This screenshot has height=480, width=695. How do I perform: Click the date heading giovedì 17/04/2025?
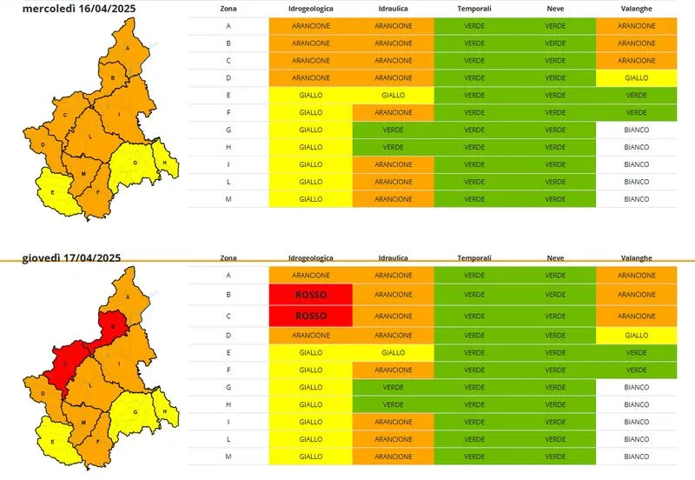pos(71,257)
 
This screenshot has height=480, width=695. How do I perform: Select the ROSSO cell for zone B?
pos(310,295)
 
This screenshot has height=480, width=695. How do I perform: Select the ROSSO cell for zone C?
pos(310,316)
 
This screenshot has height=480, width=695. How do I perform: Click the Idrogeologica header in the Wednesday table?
pos(309,8)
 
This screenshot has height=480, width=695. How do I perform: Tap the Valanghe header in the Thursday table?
pos(636,258)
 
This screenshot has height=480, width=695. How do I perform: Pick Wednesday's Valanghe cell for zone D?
pos(636,77)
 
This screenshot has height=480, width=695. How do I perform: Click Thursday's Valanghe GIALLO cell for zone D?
pos(636,334)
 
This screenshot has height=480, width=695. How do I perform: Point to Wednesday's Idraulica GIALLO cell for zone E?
pos(393,95)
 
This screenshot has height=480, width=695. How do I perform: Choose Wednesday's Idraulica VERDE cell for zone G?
pos(393,130)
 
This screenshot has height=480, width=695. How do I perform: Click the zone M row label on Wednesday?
pos(228,199)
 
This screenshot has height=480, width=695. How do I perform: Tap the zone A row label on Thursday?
pos(228,275)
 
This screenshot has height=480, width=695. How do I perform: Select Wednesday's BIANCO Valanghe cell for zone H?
pos(636,147)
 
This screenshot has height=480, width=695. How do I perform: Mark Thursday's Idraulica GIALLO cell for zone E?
pos(393,352)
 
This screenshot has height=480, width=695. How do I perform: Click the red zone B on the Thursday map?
pos(111,327)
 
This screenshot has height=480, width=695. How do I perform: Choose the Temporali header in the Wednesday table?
pos(473,8)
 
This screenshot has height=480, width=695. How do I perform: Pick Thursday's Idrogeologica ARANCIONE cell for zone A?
pos(310,275)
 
